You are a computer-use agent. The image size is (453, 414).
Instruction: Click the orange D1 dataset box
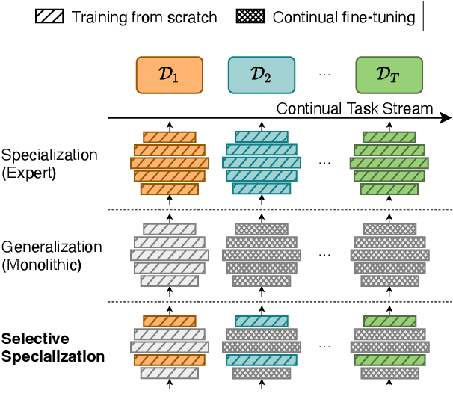click(x=169, y=75)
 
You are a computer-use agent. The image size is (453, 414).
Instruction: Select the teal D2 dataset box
click(x=261, y=75)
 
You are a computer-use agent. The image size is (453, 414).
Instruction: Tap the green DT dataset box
click(x=389, y=75)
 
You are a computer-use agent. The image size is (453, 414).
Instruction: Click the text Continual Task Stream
click(x=354, y=108)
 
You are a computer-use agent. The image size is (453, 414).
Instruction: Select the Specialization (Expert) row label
click(x=49, y=163)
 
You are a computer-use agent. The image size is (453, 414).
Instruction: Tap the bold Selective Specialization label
click(x=52, y=347)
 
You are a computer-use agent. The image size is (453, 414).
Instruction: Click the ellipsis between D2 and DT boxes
click(x=324, y=75)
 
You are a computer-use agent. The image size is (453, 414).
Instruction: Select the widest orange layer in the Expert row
click(x=169, y=162)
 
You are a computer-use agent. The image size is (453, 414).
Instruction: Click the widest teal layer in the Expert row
click(x=261, y=162)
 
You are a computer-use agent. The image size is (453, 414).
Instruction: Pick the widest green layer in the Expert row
click(x=389, y=162)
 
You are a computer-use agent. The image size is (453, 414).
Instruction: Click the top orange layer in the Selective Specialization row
click(x=169, y=321)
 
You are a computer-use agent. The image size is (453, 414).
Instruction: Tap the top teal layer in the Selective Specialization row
click(x=261, y=321)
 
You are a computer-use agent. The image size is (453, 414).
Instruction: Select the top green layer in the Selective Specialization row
click(x=389, y=321)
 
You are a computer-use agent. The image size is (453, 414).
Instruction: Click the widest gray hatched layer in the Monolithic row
click(x=169, y=255)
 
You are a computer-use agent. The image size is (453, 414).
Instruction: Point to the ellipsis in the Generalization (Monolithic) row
click(x=324, y=255)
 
